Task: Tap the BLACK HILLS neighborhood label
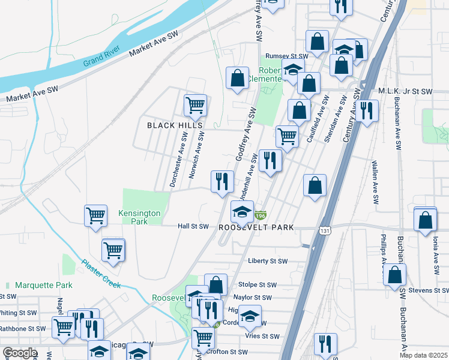[x=175, y=125]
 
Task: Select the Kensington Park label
[x=139, y=217]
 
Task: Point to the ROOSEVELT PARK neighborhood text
[x=256, y=227]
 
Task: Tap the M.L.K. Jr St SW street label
[x=405, y=92]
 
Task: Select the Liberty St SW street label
[x=268, y=261]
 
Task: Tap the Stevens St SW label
[x=428, y=290]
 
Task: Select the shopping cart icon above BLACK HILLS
[x=196, y=105]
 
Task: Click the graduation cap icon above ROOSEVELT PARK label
[x=243, y=211]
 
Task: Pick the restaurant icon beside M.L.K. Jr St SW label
[x=366, y=110]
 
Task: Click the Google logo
[x=20, y=353]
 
